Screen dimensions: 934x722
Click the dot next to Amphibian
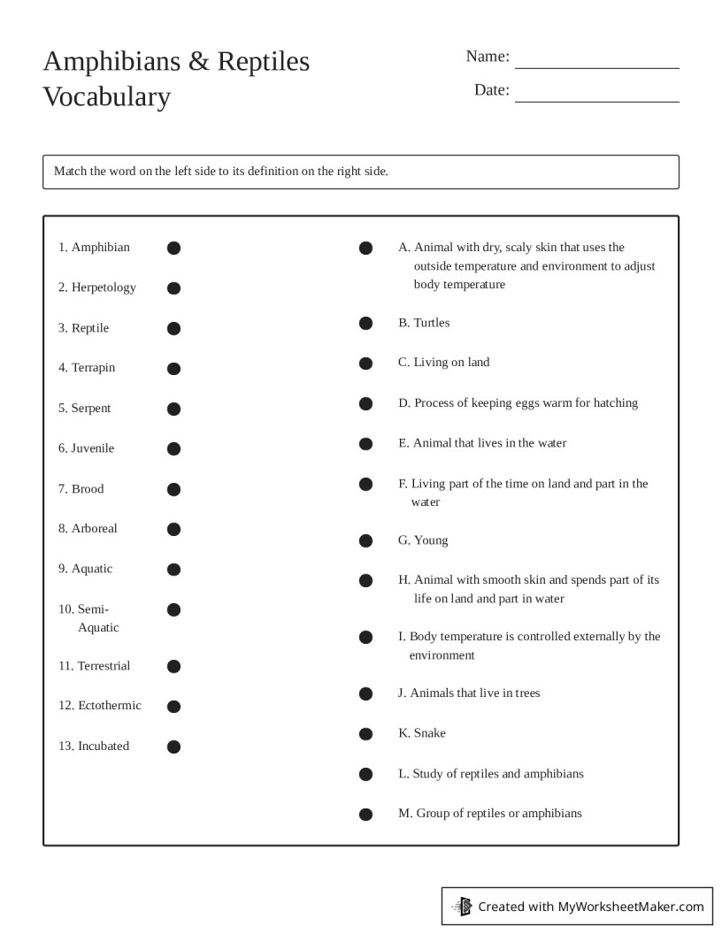173,248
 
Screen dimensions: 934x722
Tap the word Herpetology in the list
104,287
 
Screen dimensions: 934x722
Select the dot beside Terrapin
173,368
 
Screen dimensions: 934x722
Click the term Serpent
91,409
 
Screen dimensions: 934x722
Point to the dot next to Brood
173,489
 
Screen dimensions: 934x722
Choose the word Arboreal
94,529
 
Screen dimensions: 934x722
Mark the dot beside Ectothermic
173,706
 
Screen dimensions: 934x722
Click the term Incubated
103,746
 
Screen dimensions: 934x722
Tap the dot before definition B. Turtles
365,324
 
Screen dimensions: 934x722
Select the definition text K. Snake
422,733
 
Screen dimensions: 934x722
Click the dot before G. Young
365,540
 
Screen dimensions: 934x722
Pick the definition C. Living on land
443,363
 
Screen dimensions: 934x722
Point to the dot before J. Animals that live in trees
365,693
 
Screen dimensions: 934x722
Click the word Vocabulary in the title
106,96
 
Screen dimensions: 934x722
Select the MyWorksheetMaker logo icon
462,906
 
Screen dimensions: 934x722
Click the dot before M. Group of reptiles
365,815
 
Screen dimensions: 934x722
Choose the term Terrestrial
103,666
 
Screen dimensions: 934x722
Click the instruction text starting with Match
221,172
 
